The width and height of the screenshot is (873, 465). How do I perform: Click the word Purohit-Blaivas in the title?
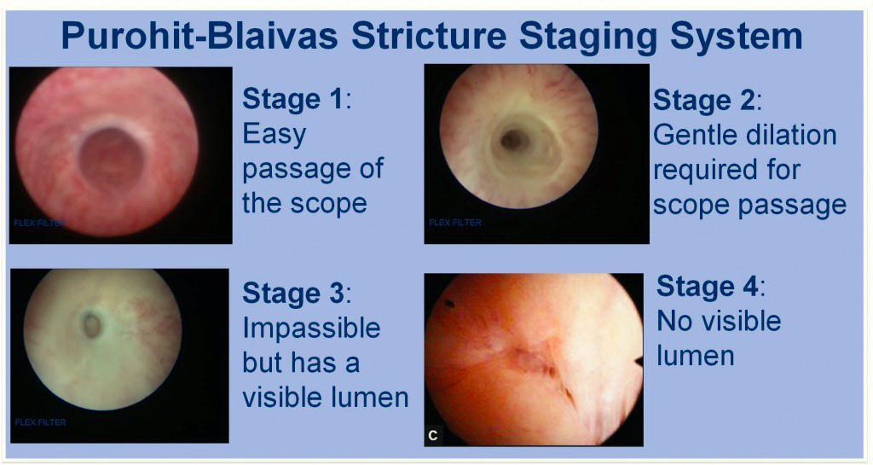click(199, 36)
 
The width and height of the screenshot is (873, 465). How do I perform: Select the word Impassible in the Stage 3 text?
click(311, 328)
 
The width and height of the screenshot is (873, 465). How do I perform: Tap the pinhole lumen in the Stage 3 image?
click(92, 325)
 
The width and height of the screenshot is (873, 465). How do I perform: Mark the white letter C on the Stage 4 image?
click(433, 435)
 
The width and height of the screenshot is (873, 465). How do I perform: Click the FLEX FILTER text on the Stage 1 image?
click(39, 224)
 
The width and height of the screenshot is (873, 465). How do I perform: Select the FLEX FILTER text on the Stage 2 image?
click(455, 222)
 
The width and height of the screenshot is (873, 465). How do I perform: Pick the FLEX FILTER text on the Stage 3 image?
click(40, 422)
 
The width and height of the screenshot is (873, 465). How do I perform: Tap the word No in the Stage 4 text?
click(675, 322)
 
